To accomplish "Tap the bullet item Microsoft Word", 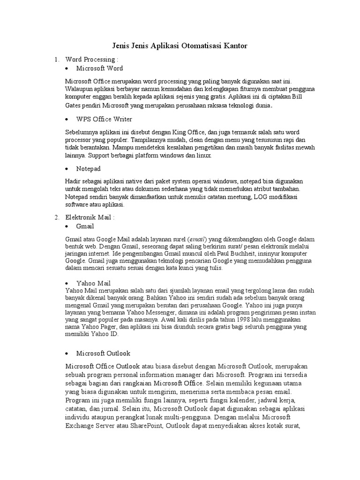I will (99, 68).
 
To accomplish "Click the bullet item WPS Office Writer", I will (104, 119).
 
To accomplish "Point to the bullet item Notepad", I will (89, 168).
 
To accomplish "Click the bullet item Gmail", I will (85, 226).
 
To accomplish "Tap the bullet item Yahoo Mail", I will (93, 283).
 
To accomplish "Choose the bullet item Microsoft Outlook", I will (103, 353).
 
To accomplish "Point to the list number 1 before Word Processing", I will (56, 60).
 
